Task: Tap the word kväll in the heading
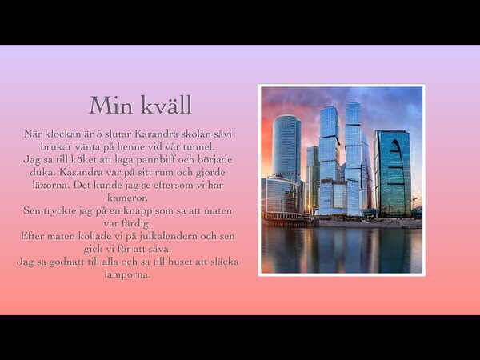pos(166,105)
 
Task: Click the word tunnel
pos(198,147)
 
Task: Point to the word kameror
pos(128,198)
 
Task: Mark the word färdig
pos(136,224)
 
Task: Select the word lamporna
pos(128,274)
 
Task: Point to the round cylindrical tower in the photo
pos(286,148)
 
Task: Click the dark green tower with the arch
pos(393,174)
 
